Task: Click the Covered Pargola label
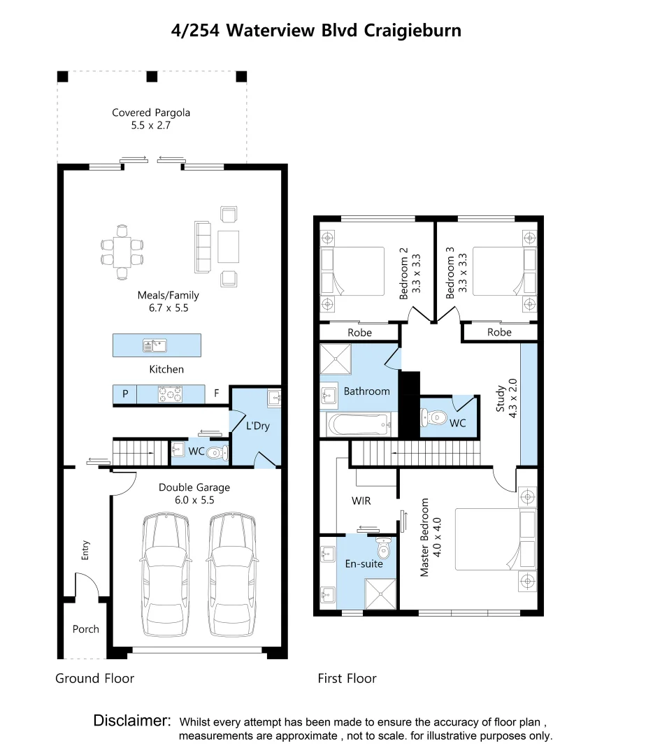click(151, 113)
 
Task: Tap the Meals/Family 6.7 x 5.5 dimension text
click(168, 308)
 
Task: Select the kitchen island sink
click(155, 345)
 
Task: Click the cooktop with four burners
click(171, 394)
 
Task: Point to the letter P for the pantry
click(125, 394)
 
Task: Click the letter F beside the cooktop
click(217, 394)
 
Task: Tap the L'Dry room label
click(258, 426)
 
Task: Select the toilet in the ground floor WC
click(217, 452)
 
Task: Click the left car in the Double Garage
click(165, 575)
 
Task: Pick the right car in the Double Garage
click(232, 575)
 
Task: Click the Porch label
click(86, 629)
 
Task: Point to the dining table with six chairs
click(122, 252)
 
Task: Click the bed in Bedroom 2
click(352, 271)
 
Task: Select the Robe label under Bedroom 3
click(499, 332)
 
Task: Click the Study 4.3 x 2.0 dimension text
click(512, 398)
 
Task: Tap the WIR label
click(361, 501)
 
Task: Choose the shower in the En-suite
click(380, 594)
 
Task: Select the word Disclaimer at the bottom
click(132, 720)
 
